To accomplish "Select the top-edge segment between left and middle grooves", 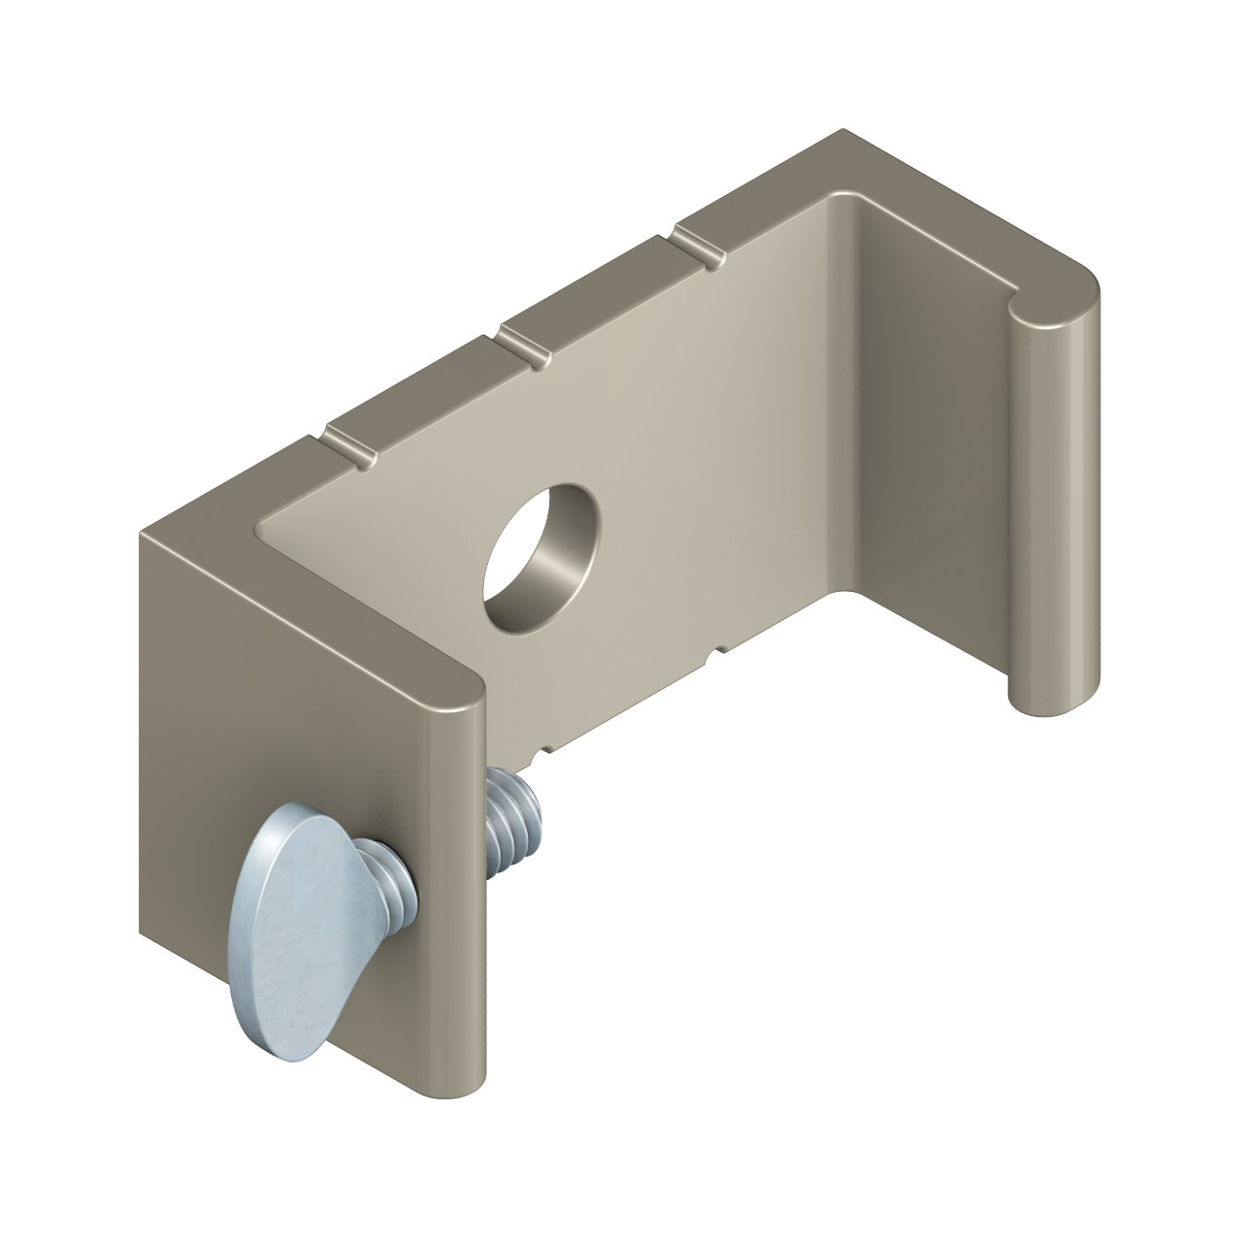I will tap(427, 393).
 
